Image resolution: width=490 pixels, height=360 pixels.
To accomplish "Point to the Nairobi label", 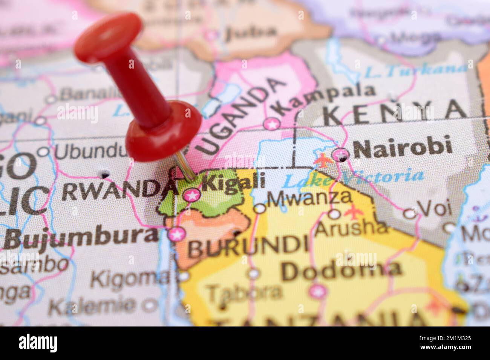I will [x=403, y=147].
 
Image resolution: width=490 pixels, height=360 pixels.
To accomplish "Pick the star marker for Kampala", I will [x=272, y=123].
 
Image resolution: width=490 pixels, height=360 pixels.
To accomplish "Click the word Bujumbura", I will [x=81, y=236].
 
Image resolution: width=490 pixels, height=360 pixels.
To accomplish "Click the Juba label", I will [x=250, y=33].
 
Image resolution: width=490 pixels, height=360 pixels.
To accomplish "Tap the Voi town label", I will [x=430, y=208].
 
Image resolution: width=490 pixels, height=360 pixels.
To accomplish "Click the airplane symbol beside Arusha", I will [x=353, y=213].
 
